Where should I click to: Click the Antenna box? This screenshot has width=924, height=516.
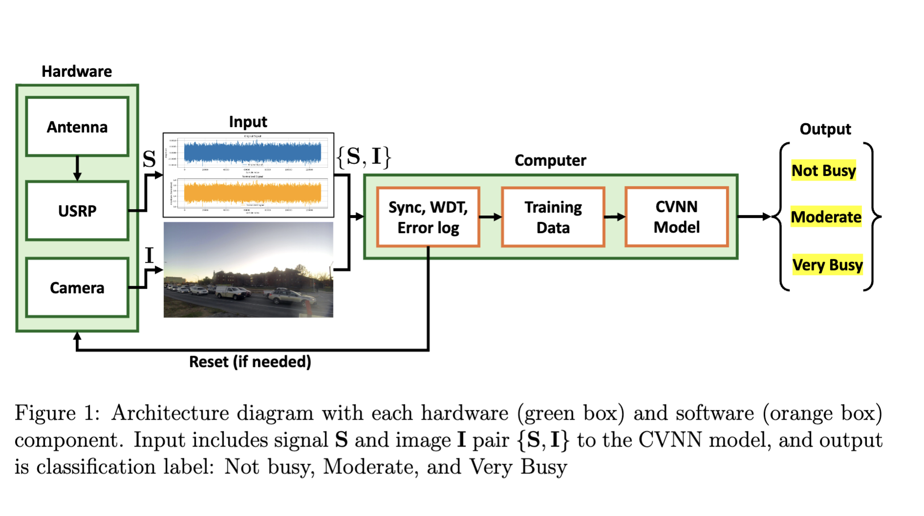pos(77,127)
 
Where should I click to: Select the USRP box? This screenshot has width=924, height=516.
pos(77,211)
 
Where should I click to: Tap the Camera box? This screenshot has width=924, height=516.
pos(77,288)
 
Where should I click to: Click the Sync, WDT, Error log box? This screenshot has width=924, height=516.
pos(428,217)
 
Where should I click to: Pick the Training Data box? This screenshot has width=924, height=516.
pos(553,217)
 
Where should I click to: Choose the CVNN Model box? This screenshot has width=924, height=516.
pos(676,216)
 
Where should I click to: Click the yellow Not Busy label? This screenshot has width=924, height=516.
pos(823,171)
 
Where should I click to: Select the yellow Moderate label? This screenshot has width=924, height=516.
pos(826,216)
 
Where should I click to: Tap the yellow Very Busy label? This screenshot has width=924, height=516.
pos(827,265)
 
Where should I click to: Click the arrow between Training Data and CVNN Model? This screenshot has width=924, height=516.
pos(615,216)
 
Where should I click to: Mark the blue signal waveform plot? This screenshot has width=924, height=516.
pos(252,152)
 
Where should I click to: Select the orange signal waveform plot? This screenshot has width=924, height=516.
pos(252,193)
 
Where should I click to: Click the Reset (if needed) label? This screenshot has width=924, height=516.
pos(250,362)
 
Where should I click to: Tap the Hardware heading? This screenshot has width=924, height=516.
pos(77,71)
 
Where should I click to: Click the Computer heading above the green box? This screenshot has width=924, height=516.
pos(550,160)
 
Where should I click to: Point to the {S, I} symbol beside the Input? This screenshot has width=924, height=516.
pos(364,157)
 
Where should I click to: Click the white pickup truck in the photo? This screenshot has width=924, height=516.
pos(232,292)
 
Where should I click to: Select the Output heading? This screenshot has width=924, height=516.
pos(825,129)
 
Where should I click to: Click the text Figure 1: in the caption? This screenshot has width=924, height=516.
pos(57,413)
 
